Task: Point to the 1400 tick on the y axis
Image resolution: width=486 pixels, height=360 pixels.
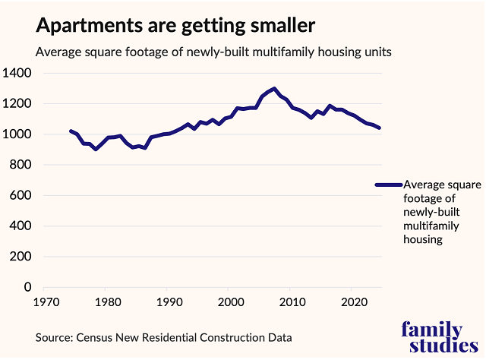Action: click(x=17, y=73)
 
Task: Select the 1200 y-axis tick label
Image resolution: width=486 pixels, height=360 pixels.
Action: click(x=17, y=103)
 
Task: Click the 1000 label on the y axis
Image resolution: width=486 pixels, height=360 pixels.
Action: click(x=17, y=134)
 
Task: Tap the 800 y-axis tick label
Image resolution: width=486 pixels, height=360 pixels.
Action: click(x=20, y=165)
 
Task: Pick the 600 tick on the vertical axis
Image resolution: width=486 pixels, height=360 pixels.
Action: click(x=20, y=195)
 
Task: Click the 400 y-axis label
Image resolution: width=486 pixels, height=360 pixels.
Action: click(x=20, y=226)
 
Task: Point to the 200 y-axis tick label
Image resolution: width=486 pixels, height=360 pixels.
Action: click(x=20, y=257)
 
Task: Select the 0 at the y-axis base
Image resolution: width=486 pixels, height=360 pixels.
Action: click(x=27, y=287)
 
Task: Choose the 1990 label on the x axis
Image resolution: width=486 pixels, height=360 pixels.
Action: click(x=168, y=302)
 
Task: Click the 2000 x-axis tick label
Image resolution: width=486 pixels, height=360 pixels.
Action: click(x=229, y=302)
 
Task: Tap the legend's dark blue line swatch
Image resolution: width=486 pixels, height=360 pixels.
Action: click(x=389, y=185)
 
